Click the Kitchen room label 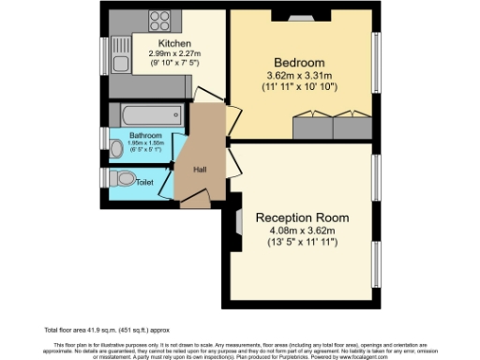click(174, 44)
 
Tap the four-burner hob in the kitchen click(157, 21)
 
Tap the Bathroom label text click(146, 135)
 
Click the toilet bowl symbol click(121, 178)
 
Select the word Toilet click(145, 182)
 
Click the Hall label click(200, 170)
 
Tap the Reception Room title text click(301, 217)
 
